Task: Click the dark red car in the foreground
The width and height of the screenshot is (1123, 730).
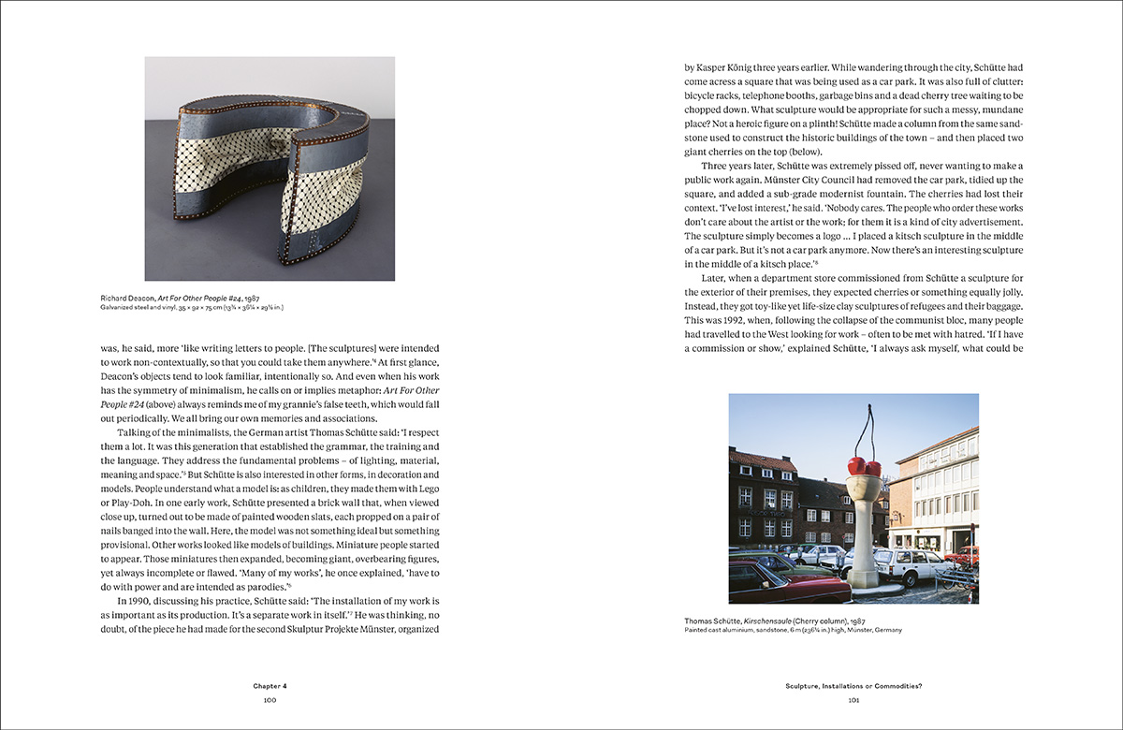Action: (778, 578)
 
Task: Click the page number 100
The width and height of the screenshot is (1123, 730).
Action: (269, 699)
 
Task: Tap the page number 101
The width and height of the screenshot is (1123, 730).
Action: (853, 699)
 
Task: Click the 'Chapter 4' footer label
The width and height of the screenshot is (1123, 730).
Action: (269, 686)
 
